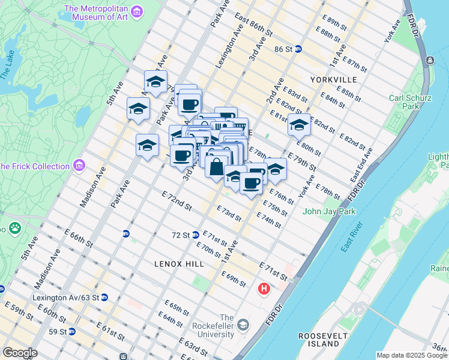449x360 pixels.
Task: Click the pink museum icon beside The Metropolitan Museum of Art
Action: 137,12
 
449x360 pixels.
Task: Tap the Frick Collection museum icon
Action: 79,166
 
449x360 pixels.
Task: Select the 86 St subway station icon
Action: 298,50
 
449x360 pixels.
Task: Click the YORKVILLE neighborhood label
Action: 334,80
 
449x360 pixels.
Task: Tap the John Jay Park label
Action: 329,211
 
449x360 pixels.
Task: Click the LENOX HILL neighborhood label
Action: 179,263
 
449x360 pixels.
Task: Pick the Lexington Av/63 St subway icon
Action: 104,297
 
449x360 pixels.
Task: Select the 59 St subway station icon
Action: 72,331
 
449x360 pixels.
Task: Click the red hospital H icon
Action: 263,290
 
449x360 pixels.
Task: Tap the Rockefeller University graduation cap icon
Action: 243,326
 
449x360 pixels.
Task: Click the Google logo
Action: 20,353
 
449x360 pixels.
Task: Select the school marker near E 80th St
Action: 299,125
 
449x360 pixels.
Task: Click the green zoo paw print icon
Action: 13,228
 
